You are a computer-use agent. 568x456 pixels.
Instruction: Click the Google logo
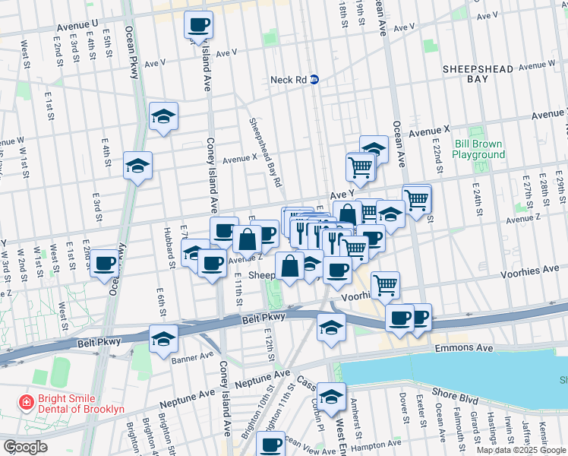click(x=25, y=447)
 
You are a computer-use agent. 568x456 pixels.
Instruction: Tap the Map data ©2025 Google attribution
click(x=520, y=450)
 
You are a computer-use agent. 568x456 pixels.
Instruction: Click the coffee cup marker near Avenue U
click(x=198, y=24)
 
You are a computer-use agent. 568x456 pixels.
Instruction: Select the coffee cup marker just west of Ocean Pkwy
click(x=106, y=263)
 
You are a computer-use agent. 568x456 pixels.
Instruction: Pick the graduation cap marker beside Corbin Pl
click(x=331, y=397)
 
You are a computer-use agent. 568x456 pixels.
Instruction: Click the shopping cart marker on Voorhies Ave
click(x=386, y=285)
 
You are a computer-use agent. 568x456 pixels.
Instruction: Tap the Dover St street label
click(x=403, y=400)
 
